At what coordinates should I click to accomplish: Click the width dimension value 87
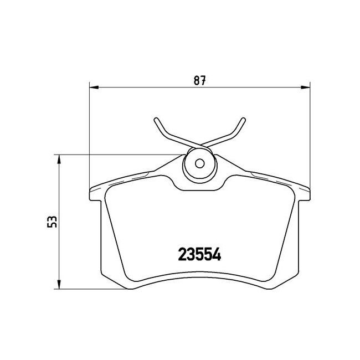199,81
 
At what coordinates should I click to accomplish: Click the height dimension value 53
52,222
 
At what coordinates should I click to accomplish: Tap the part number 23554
199,254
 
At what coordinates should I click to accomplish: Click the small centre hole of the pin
199,163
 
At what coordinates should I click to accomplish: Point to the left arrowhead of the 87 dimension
94,88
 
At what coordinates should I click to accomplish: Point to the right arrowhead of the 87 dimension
305,88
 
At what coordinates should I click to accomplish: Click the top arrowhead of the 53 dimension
59,159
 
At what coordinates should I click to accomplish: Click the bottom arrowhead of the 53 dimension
59,285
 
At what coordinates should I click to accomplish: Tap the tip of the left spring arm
156,120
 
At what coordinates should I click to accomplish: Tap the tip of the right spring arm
243,120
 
